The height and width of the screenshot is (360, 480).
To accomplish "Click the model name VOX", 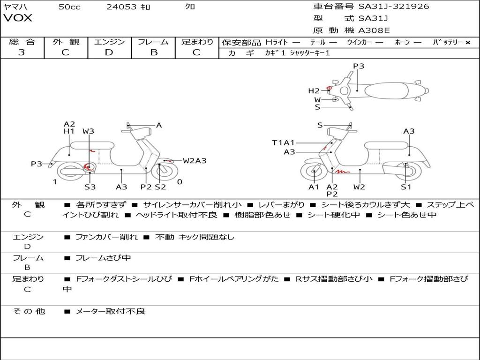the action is [18, 18].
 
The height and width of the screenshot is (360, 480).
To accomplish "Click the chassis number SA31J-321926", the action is [394, 7].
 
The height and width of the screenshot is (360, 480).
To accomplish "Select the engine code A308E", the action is [374, 30].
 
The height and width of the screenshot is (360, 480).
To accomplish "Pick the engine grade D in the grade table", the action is [109, 52].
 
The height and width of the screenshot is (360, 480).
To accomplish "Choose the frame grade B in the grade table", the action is [154, 52].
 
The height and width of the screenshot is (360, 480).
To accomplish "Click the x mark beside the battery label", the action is [468, 43].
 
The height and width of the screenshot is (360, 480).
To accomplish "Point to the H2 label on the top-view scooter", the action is [314, 91].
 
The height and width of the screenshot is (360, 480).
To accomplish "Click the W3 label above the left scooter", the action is [88, 131].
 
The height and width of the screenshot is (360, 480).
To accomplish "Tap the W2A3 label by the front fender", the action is [195, 161].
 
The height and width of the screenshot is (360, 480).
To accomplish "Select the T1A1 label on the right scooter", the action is [283, 142].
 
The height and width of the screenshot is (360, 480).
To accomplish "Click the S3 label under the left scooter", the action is [90, 187].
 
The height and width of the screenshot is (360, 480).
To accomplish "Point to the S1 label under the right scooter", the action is [406, 187].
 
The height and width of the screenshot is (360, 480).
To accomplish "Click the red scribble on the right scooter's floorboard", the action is [342, 172].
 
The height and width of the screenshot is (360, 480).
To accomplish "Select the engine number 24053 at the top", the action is [121, 7].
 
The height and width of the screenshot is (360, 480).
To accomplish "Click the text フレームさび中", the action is [103, 258].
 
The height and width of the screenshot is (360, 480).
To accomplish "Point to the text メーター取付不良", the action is [110, 311].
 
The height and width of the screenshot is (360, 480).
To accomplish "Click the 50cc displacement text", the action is [69, 7].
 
